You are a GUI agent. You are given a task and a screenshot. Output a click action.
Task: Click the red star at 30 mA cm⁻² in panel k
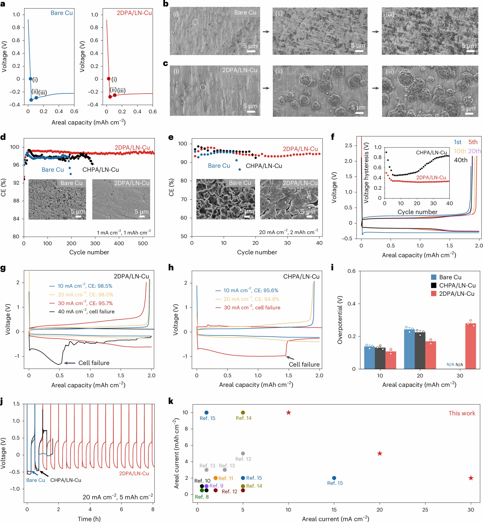click(x=471, y=478)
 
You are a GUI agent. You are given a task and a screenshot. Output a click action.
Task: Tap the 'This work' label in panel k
click(x=462, y=413)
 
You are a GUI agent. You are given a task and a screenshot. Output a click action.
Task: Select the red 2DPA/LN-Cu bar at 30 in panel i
click(x=471, y=346)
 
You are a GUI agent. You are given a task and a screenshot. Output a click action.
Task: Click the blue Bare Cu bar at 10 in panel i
click(x=369, y=358)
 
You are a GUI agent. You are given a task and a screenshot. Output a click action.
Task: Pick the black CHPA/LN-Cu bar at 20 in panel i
click(x=420, y=350)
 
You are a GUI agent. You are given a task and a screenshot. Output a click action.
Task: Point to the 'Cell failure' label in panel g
click(x=94, y=363)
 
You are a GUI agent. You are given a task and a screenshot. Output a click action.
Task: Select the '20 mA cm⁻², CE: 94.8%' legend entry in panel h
click(x=247, y=299)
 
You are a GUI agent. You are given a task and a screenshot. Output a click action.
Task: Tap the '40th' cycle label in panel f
click(x=461, y=160)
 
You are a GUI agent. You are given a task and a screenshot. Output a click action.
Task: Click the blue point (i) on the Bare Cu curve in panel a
click(x=30, y=79)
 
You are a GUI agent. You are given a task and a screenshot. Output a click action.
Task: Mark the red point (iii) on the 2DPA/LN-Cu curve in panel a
click(x=114, y=95)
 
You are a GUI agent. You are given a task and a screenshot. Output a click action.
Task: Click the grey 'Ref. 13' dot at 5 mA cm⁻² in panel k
click(x=243, y=453)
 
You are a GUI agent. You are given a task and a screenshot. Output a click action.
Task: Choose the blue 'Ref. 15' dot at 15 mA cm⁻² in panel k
click(x=334, y=478)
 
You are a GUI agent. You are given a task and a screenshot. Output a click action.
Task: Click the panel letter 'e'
click(x=171, y=137)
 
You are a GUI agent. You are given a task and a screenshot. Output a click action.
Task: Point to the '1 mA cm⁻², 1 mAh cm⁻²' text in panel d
click(x=124, y=232)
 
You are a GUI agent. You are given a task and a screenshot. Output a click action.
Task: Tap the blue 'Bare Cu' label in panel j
click(x=36, y=480)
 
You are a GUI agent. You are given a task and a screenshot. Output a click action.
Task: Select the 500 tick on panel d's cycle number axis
click(x=143, y=243)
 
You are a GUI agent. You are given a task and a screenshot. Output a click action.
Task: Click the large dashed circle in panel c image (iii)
click(x=406, y=78)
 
